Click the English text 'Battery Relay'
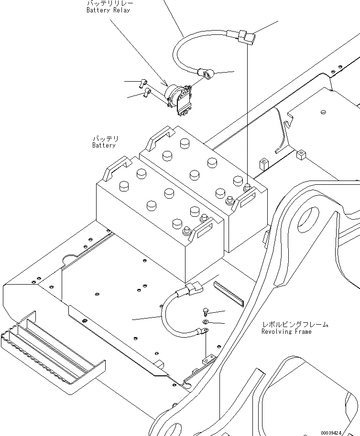108,11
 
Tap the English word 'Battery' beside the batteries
104,145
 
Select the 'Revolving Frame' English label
286,331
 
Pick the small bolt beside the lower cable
205,312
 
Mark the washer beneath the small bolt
205,323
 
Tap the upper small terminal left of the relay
142,83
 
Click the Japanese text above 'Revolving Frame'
295,324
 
